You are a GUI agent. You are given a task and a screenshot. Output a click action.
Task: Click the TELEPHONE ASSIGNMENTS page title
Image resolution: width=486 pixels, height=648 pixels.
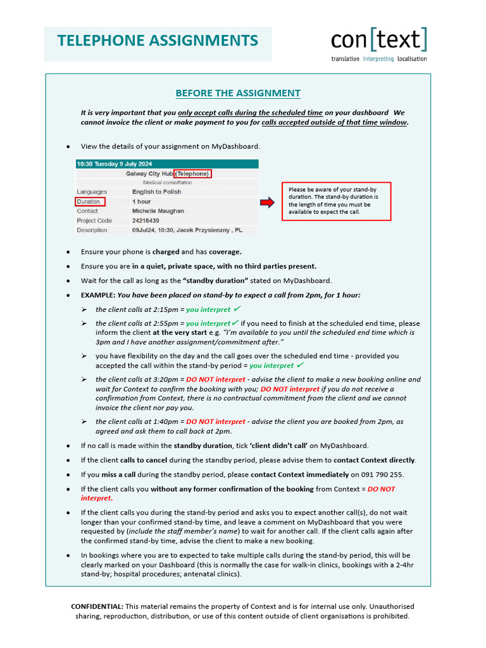coord(158,41)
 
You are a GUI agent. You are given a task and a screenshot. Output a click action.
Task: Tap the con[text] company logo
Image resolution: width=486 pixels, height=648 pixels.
coord(379,40)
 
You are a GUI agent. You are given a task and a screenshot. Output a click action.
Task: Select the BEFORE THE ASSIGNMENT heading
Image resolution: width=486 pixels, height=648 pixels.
coord(238,93)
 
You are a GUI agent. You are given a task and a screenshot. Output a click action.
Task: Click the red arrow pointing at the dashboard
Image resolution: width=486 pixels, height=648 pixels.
coord(268,202)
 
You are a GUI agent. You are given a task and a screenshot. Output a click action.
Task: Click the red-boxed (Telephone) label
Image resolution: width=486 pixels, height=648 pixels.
coord(192,173)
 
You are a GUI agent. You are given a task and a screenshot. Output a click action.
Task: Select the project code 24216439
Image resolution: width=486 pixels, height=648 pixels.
coord(146,221)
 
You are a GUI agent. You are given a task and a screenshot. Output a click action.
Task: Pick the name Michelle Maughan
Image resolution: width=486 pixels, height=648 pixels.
coord(158,211)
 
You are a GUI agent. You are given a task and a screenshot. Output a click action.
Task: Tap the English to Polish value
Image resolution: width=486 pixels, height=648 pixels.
coord(156,192)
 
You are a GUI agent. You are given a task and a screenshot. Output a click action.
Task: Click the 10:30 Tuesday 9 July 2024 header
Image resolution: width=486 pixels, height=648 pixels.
coord(115,164)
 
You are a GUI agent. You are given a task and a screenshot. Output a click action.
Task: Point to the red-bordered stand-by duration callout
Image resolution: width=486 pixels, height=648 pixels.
coord(336,201)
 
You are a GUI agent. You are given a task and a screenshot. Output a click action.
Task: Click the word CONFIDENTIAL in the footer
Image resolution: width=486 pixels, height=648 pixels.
coord(97,606)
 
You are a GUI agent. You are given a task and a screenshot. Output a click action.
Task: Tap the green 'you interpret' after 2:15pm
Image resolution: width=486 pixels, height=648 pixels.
coord(208,310)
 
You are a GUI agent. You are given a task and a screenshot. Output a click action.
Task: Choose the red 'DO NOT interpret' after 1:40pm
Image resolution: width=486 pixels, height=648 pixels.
coord(215,421)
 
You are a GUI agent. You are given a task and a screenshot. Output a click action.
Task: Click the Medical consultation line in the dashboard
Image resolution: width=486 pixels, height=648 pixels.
coord(166,182)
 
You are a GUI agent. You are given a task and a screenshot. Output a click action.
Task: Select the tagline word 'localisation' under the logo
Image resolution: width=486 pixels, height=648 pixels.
coord(411,59)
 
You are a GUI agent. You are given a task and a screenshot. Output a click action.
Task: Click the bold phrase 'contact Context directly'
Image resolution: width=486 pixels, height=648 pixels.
coord(375,460)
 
